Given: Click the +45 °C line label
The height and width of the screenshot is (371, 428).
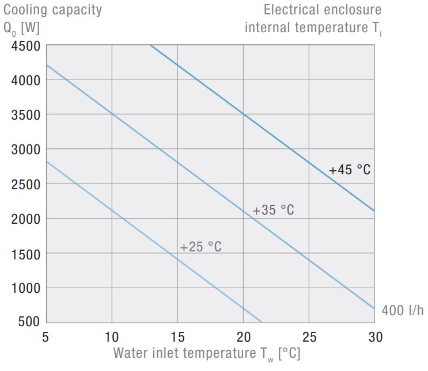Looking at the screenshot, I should click(x=350, y=170).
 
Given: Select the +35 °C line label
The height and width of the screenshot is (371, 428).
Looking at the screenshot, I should click(x=273, y=211).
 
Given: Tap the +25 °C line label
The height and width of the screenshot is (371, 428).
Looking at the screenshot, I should click(x=200, y=247).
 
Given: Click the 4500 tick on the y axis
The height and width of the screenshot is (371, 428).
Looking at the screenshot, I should click(x=25, y=47).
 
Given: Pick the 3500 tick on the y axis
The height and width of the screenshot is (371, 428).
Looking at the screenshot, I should click(x=25, y=114).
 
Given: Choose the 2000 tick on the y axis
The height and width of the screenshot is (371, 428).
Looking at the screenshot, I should click(x=25, y=219).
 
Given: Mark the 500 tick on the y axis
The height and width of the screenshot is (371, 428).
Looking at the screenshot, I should click(x=29, y=322).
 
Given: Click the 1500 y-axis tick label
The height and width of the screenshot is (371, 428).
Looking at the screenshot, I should click(x=25, y=253).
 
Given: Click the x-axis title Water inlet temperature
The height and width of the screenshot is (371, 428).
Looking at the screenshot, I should click(x=206, y=353).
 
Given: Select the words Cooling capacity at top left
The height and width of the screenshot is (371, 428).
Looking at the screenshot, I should click(x=52, y=10).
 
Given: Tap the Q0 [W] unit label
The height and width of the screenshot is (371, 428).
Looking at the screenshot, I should click(x=22, y=28).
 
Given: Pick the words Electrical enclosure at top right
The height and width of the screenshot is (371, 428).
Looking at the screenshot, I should click(x=323, y=10).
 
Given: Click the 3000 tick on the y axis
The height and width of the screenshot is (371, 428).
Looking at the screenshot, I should click(x=25, y=150).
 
